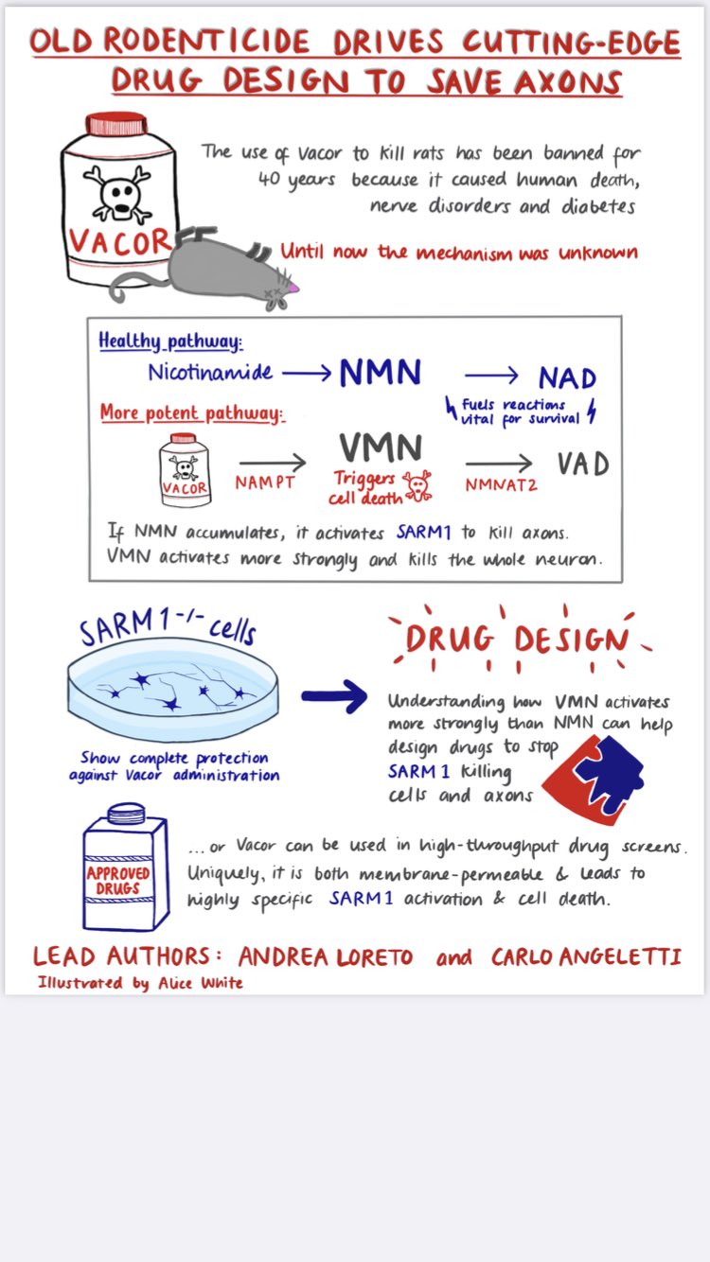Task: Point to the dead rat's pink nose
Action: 294,285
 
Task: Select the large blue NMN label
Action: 380,373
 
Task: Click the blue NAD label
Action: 567,378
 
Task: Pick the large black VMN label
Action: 381,447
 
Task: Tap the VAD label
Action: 582,464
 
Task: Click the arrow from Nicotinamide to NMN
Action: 306,373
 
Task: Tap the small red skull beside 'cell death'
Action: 416,486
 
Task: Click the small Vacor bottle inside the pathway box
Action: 186,469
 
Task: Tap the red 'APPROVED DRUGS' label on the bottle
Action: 118,880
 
